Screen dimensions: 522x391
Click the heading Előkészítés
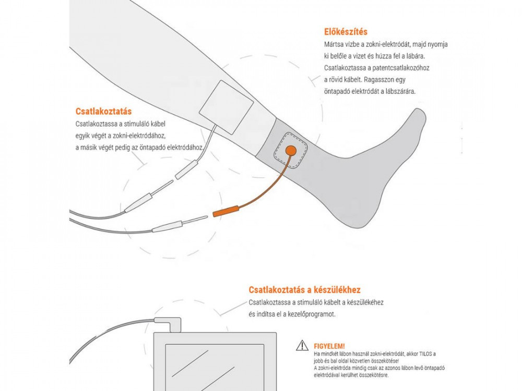tap(346, 32)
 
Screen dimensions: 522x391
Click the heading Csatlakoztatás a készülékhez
tap(304, 290)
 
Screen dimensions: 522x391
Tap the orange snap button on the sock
tap(291, 151)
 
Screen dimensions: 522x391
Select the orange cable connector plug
tap(226, 211)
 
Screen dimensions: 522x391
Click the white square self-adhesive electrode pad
tap(227, 107)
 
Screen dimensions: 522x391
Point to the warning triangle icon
tap(302, 346)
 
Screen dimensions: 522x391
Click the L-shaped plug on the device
tap(170, 324)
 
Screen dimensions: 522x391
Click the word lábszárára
tap(400, 91)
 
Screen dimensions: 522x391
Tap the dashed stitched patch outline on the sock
tap(291, 151)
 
